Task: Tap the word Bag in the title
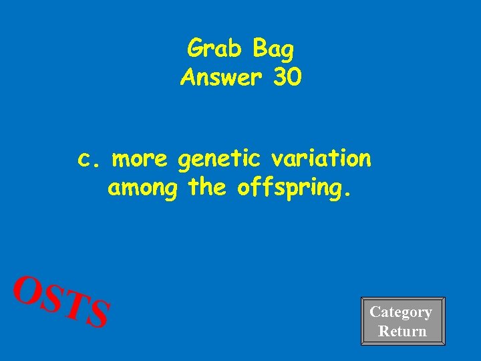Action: [x=273, y=48]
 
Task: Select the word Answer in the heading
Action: [x=220, y=78]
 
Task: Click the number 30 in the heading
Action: [x=287, y=78]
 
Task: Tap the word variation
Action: [x=321, y=159]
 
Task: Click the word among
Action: [x=142, y=189]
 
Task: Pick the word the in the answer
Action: [x=208, y=188]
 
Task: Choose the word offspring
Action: [x=289, y=189]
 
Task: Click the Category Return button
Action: [x=402, y=322]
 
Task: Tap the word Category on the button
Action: [x=401, y=312]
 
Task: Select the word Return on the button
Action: [x=402, y=331]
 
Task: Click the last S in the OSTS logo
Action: [x=98, y=314]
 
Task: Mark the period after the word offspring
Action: [x=345, y=195]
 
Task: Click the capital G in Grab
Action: [x=196, y=48]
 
